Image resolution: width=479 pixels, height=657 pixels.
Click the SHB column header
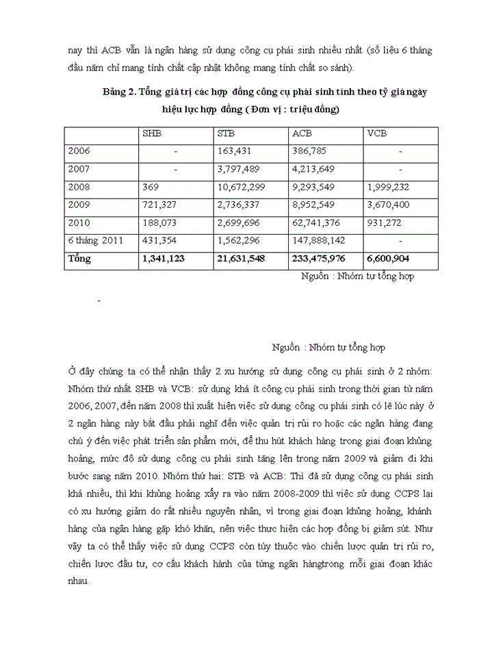pos(152,134)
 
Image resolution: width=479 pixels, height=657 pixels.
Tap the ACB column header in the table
pos(302,134)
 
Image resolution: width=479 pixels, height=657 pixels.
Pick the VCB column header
pos(377,134)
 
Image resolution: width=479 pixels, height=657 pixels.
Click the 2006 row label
pos(79,151)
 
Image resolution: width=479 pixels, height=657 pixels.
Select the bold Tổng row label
pos(79,259)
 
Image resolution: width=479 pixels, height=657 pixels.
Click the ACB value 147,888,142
pos(321,242)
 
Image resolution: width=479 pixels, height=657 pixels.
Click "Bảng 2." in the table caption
pos(118,92)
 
